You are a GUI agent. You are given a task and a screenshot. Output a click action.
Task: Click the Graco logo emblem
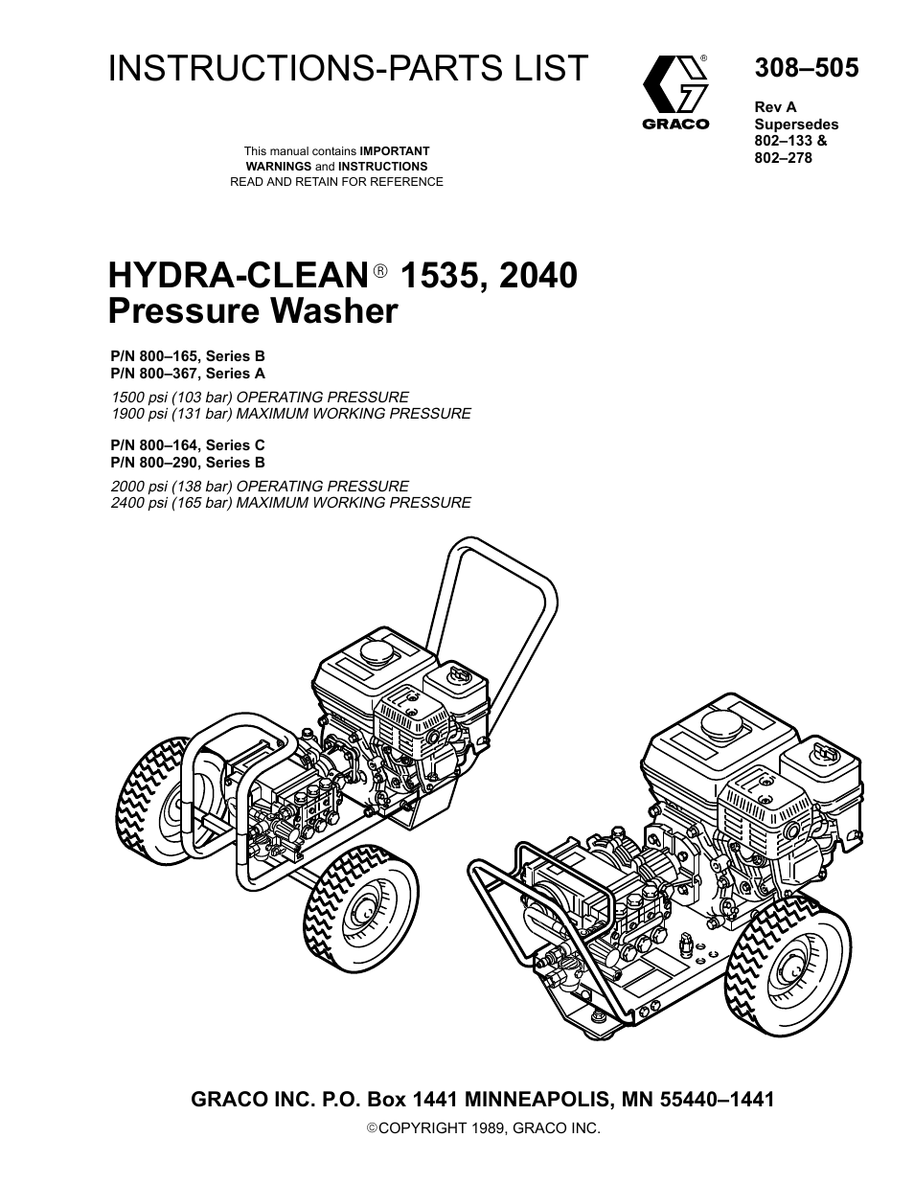(675, 84)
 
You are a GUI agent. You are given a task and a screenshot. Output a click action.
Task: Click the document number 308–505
(806, 68)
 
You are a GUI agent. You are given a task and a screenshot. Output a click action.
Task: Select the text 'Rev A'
(775, 107)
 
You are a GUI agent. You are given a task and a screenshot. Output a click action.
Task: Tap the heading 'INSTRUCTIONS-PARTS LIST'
(348, 68)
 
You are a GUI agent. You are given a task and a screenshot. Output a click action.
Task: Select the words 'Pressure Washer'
(252, 311)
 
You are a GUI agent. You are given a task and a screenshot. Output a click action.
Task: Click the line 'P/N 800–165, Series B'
(188, 356)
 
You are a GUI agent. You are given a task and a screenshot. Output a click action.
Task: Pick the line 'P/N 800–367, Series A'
(188, 374)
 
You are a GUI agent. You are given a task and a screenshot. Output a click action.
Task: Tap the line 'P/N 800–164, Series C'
(188, 444)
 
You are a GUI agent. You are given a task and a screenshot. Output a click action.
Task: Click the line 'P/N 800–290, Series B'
(188, 462)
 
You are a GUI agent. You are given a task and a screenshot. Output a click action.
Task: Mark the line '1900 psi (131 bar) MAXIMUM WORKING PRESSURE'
(291, 414)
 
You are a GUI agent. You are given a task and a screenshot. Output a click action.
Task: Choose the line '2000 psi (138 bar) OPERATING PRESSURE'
(260, 486)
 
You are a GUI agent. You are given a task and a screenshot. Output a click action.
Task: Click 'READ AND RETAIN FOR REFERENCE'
(336, 181)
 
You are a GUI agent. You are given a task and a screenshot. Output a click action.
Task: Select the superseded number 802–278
(783, 157)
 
